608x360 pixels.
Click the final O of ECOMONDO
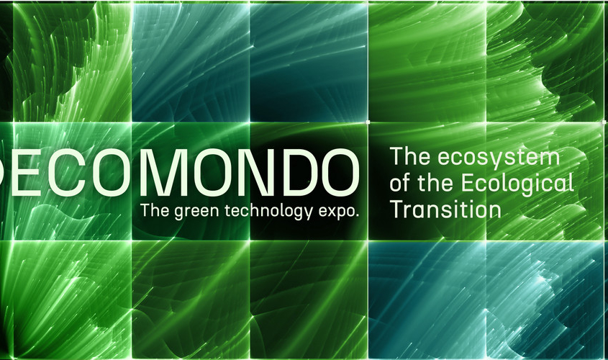coord(338,173)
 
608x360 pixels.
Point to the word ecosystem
coord(499,158)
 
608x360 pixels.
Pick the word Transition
coord(445,210)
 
